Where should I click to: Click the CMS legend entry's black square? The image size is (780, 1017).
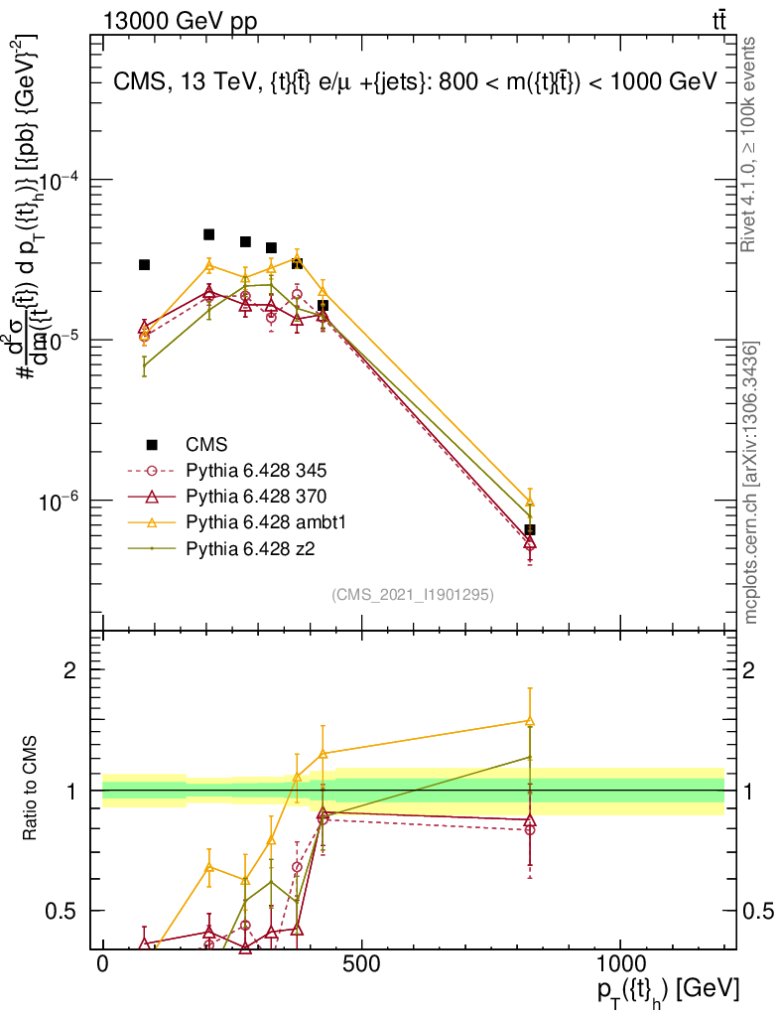(151, 444)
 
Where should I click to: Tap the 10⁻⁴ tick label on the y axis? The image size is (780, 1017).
(63, 181)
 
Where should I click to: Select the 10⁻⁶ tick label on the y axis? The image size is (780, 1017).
(63, 502)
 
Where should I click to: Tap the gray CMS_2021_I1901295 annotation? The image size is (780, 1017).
(413, 594)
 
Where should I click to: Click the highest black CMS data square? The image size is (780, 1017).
(209, 234)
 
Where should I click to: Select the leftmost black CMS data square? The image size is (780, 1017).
(144, 264)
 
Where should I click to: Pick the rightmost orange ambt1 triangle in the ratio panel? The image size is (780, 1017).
(530, 721)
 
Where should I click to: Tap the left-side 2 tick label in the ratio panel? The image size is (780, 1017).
(71, 669)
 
